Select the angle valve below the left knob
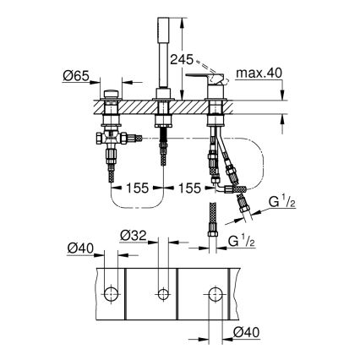click(x=108, y=138)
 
